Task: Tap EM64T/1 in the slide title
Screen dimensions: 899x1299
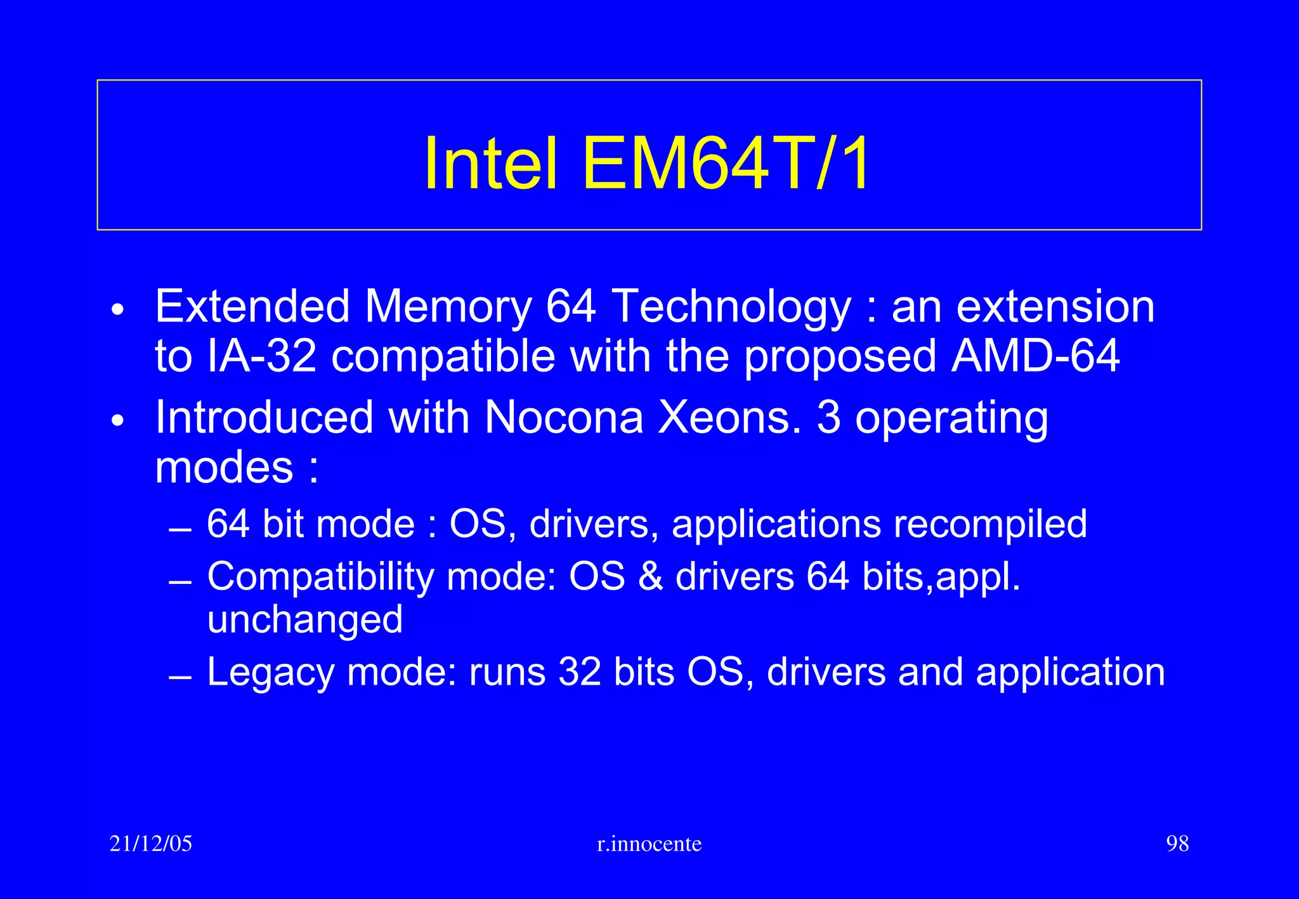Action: point(727,164)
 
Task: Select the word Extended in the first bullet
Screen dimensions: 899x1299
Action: point(252,307)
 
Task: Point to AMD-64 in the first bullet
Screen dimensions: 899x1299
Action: point(1035,356)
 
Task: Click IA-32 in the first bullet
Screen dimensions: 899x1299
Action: point(261,356)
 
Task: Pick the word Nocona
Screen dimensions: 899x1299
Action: point(564,418)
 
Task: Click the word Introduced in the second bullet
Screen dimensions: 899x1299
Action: point(264,418)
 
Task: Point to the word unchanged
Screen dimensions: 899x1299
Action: point(305,619)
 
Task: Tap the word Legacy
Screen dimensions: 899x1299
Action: point(270,672)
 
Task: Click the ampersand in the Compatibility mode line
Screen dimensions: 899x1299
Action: point(650,578)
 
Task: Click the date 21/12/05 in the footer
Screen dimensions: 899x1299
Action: point(151,844)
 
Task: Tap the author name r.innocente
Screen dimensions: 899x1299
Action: point(649,844)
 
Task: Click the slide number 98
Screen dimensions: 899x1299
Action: point(1177,844)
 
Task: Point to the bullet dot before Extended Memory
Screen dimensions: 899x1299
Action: point(117,311)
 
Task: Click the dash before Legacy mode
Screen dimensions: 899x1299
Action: point(181,678)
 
